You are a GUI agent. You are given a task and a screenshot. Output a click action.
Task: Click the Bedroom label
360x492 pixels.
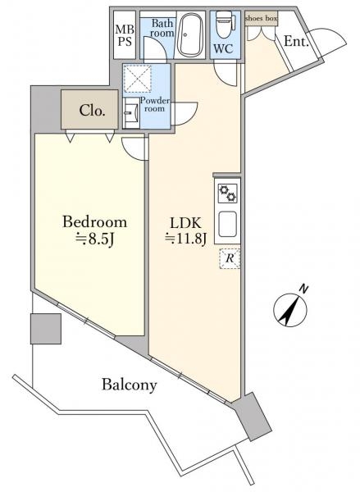[x=95, y=222]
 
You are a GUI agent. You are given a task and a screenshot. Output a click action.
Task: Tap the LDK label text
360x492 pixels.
[x=185, y=223]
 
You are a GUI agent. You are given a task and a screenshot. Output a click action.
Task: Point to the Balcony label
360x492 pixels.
[x=129, y=385]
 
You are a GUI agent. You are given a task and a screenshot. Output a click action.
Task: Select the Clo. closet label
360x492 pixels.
[x=92, y=111]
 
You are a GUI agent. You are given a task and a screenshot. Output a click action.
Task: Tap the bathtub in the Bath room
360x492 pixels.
[x=189, y=34]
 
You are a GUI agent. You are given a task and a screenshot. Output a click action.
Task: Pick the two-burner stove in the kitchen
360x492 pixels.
[x=227, y=193]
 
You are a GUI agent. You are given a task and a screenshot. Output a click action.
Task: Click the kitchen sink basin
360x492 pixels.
[x=227, y=224]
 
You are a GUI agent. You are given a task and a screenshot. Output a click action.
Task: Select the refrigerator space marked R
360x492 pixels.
[x=230, y=258]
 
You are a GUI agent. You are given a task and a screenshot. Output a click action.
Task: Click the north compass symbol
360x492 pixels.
[x=290, y=308]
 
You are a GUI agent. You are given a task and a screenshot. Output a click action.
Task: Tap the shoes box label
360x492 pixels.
[x=261, y=19]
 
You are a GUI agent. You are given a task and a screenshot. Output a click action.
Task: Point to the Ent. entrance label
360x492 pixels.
[x=296, y=41]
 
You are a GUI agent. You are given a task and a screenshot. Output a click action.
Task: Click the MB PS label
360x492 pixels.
[x=125, y=35]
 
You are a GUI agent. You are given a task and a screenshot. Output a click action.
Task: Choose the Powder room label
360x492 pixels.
[x=155, y=105]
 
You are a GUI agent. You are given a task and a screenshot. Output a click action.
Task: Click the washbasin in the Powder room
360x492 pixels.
[x=131, y=112]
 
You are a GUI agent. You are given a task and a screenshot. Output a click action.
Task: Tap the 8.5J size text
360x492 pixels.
[x=95, y=239]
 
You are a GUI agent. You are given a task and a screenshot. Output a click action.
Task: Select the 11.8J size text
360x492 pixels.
[x=186, y=239]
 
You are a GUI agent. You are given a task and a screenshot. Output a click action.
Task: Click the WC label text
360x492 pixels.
[x=223, y=48]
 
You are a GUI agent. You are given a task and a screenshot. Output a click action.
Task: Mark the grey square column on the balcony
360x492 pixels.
[x=46, y=329]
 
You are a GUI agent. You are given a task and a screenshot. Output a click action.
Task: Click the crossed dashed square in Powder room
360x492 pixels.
[x=137, y=79]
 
